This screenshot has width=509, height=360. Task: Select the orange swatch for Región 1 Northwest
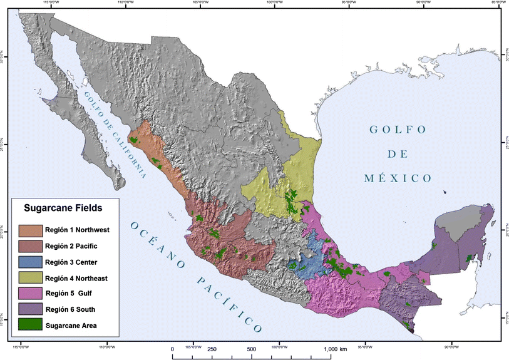[31, 230]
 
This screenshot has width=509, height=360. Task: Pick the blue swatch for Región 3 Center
[31, 261]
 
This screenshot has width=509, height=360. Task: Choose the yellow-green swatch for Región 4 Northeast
[31, 277]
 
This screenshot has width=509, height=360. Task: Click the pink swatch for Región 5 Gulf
[31, 292]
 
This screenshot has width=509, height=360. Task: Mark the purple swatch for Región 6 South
[31, 308]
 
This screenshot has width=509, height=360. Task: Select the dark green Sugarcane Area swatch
[31, 324]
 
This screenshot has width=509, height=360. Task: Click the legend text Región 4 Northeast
[81, 277]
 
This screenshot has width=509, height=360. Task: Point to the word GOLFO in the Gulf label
[398, 130]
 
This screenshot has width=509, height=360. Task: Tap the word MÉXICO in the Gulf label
[398, 178]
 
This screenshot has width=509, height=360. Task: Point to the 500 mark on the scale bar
[250, 349]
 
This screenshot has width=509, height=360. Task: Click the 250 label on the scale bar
[212, 349]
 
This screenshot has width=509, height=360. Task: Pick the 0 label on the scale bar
[172, 349]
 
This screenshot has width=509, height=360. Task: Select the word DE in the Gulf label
[398, 154]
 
